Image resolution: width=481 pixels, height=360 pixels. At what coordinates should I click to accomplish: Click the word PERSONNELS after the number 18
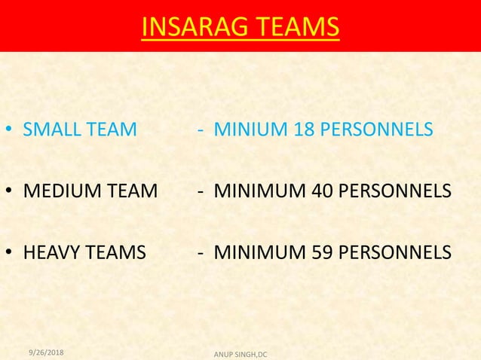click(x=372, y=130)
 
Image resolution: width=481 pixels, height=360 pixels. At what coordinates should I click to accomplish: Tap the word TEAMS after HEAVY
click(x=118, y=252)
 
